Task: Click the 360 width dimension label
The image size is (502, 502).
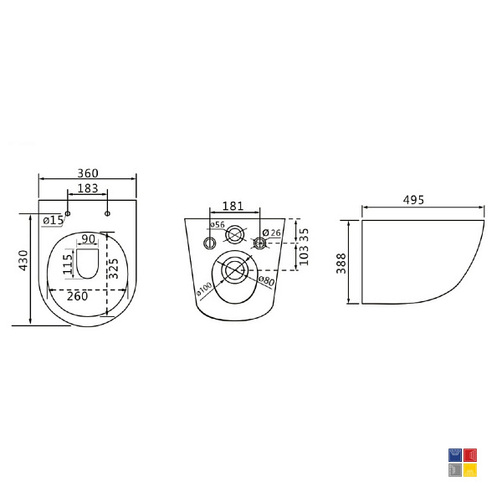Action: (88, 173)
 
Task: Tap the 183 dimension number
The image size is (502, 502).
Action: (88, 188)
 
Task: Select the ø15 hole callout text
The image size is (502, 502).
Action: (54, 220)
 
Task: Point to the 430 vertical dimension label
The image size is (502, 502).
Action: (24, 260)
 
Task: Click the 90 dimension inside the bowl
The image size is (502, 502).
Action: (88, 238)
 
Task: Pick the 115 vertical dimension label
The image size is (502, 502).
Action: (68, 264)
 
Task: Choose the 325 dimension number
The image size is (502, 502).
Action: (113, 269)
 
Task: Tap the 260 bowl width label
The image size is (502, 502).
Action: (77, 296)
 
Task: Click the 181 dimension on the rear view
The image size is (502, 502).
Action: (233, 206)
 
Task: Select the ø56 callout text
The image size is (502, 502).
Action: (218, 224)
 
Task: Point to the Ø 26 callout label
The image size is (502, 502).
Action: (271, 233)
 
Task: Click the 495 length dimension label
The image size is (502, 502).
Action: (413, 200)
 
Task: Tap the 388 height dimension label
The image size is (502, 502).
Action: (341, 264)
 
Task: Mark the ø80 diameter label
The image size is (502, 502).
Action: (266, 281)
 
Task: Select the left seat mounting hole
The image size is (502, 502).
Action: (68, 213)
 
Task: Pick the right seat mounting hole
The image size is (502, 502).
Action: (107, 213)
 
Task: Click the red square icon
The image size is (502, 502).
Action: (470, 455)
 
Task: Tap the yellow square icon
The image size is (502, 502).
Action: (470, 470)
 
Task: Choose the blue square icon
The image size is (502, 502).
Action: (455, 455)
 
